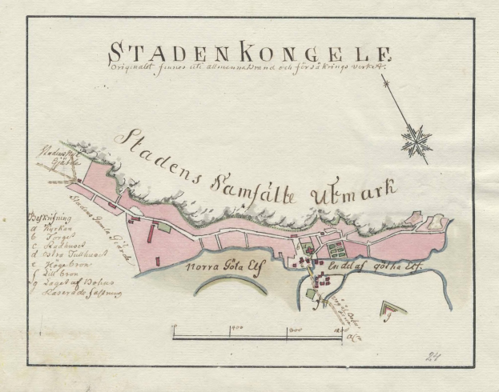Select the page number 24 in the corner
(x=436, y=357)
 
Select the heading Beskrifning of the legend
(x=45, y=218)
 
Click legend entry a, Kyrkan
(x=46, y=228)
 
